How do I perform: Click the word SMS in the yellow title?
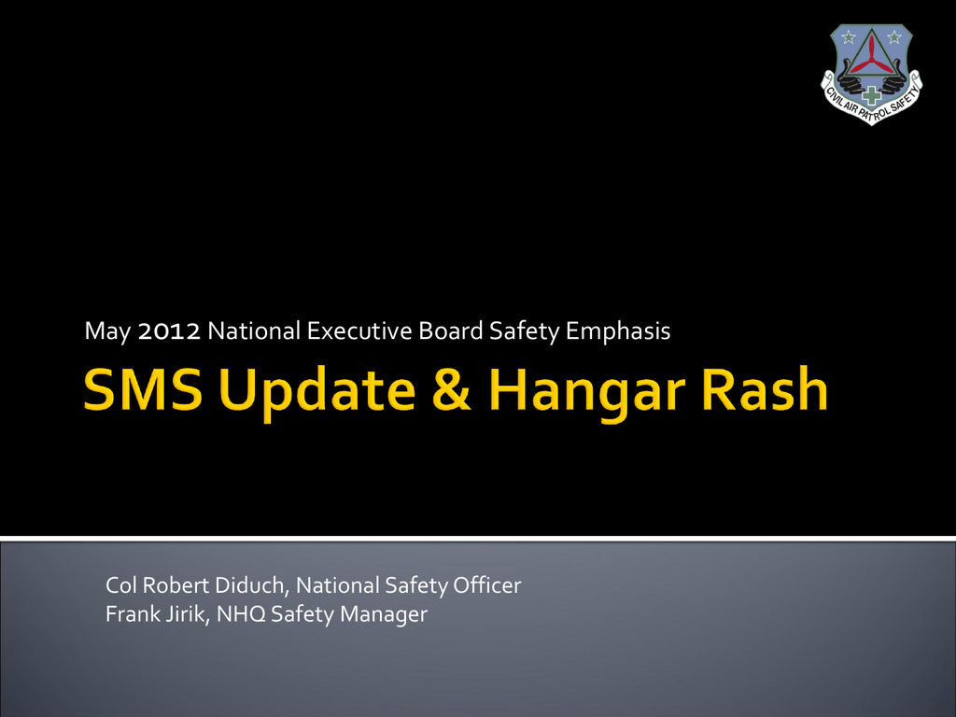143,389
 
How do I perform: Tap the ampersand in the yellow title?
451,389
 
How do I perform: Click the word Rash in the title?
765,388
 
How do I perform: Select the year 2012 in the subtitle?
169,331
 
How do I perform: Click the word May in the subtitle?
107,332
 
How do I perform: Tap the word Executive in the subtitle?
359,331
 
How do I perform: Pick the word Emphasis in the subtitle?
618,332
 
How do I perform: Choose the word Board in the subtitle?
451,330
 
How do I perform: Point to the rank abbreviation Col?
120,585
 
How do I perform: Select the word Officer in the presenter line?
486,584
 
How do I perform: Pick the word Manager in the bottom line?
384,615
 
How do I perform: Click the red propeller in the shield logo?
871,54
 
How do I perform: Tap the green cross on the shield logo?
871,94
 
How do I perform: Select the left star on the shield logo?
848,37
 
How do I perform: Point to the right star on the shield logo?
894,37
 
